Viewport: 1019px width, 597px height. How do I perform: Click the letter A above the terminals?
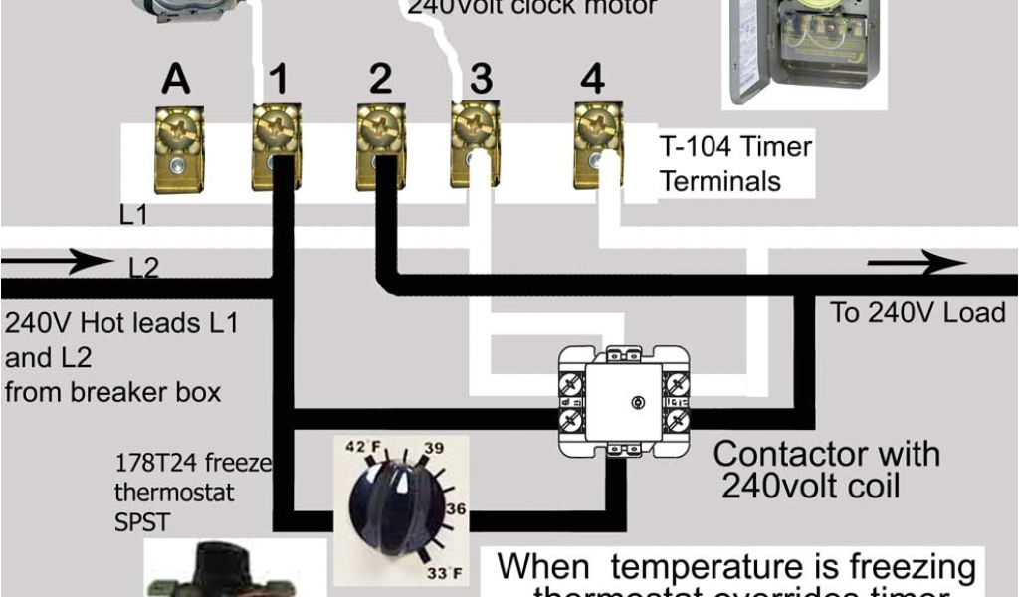click(x=176, y=80)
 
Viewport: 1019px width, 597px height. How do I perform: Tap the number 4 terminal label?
click(x=593, y=79)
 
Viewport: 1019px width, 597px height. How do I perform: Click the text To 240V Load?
click(x=917, y=313)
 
